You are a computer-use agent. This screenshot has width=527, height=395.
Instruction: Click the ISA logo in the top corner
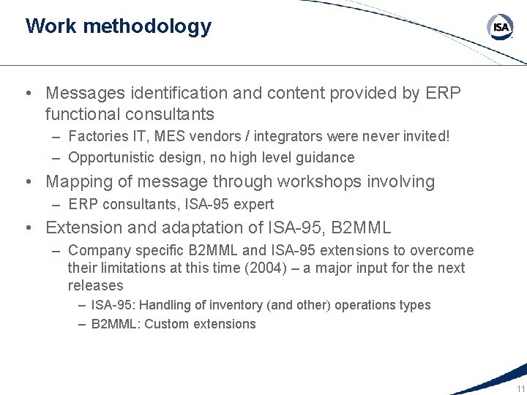(x=501, y=28)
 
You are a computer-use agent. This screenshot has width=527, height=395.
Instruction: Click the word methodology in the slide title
(x=147, y=26)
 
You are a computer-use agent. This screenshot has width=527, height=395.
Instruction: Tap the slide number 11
(x=520, y=388)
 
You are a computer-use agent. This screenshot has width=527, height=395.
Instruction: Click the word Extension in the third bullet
(x=83, y=227)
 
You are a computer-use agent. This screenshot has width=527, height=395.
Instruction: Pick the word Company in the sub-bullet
(x=96, y=251)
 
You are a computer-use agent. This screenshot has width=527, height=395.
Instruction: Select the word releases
(x=96, y=285)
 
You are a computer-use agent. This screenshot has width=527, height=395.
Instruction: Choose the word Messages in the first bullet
(x=80, y=94)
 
